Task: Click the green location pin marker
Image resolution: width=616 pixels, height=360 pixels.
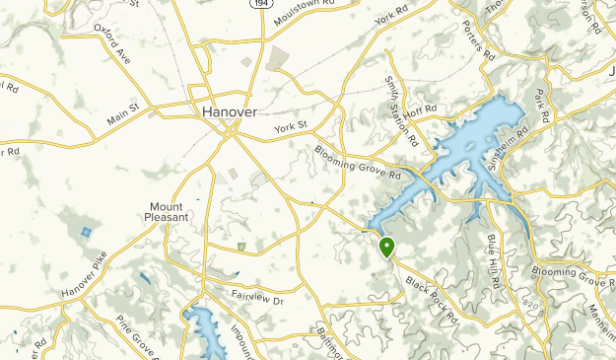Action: click(387, 247)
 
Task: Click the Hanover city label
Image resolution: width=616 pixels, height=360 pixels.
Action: click(230, 111)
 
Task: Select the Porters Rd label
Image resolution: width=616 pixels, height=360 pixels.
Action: click(474, 44)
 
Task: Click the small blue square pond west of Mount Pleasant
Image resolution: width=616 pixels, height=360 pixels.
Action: click(87, 233)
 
